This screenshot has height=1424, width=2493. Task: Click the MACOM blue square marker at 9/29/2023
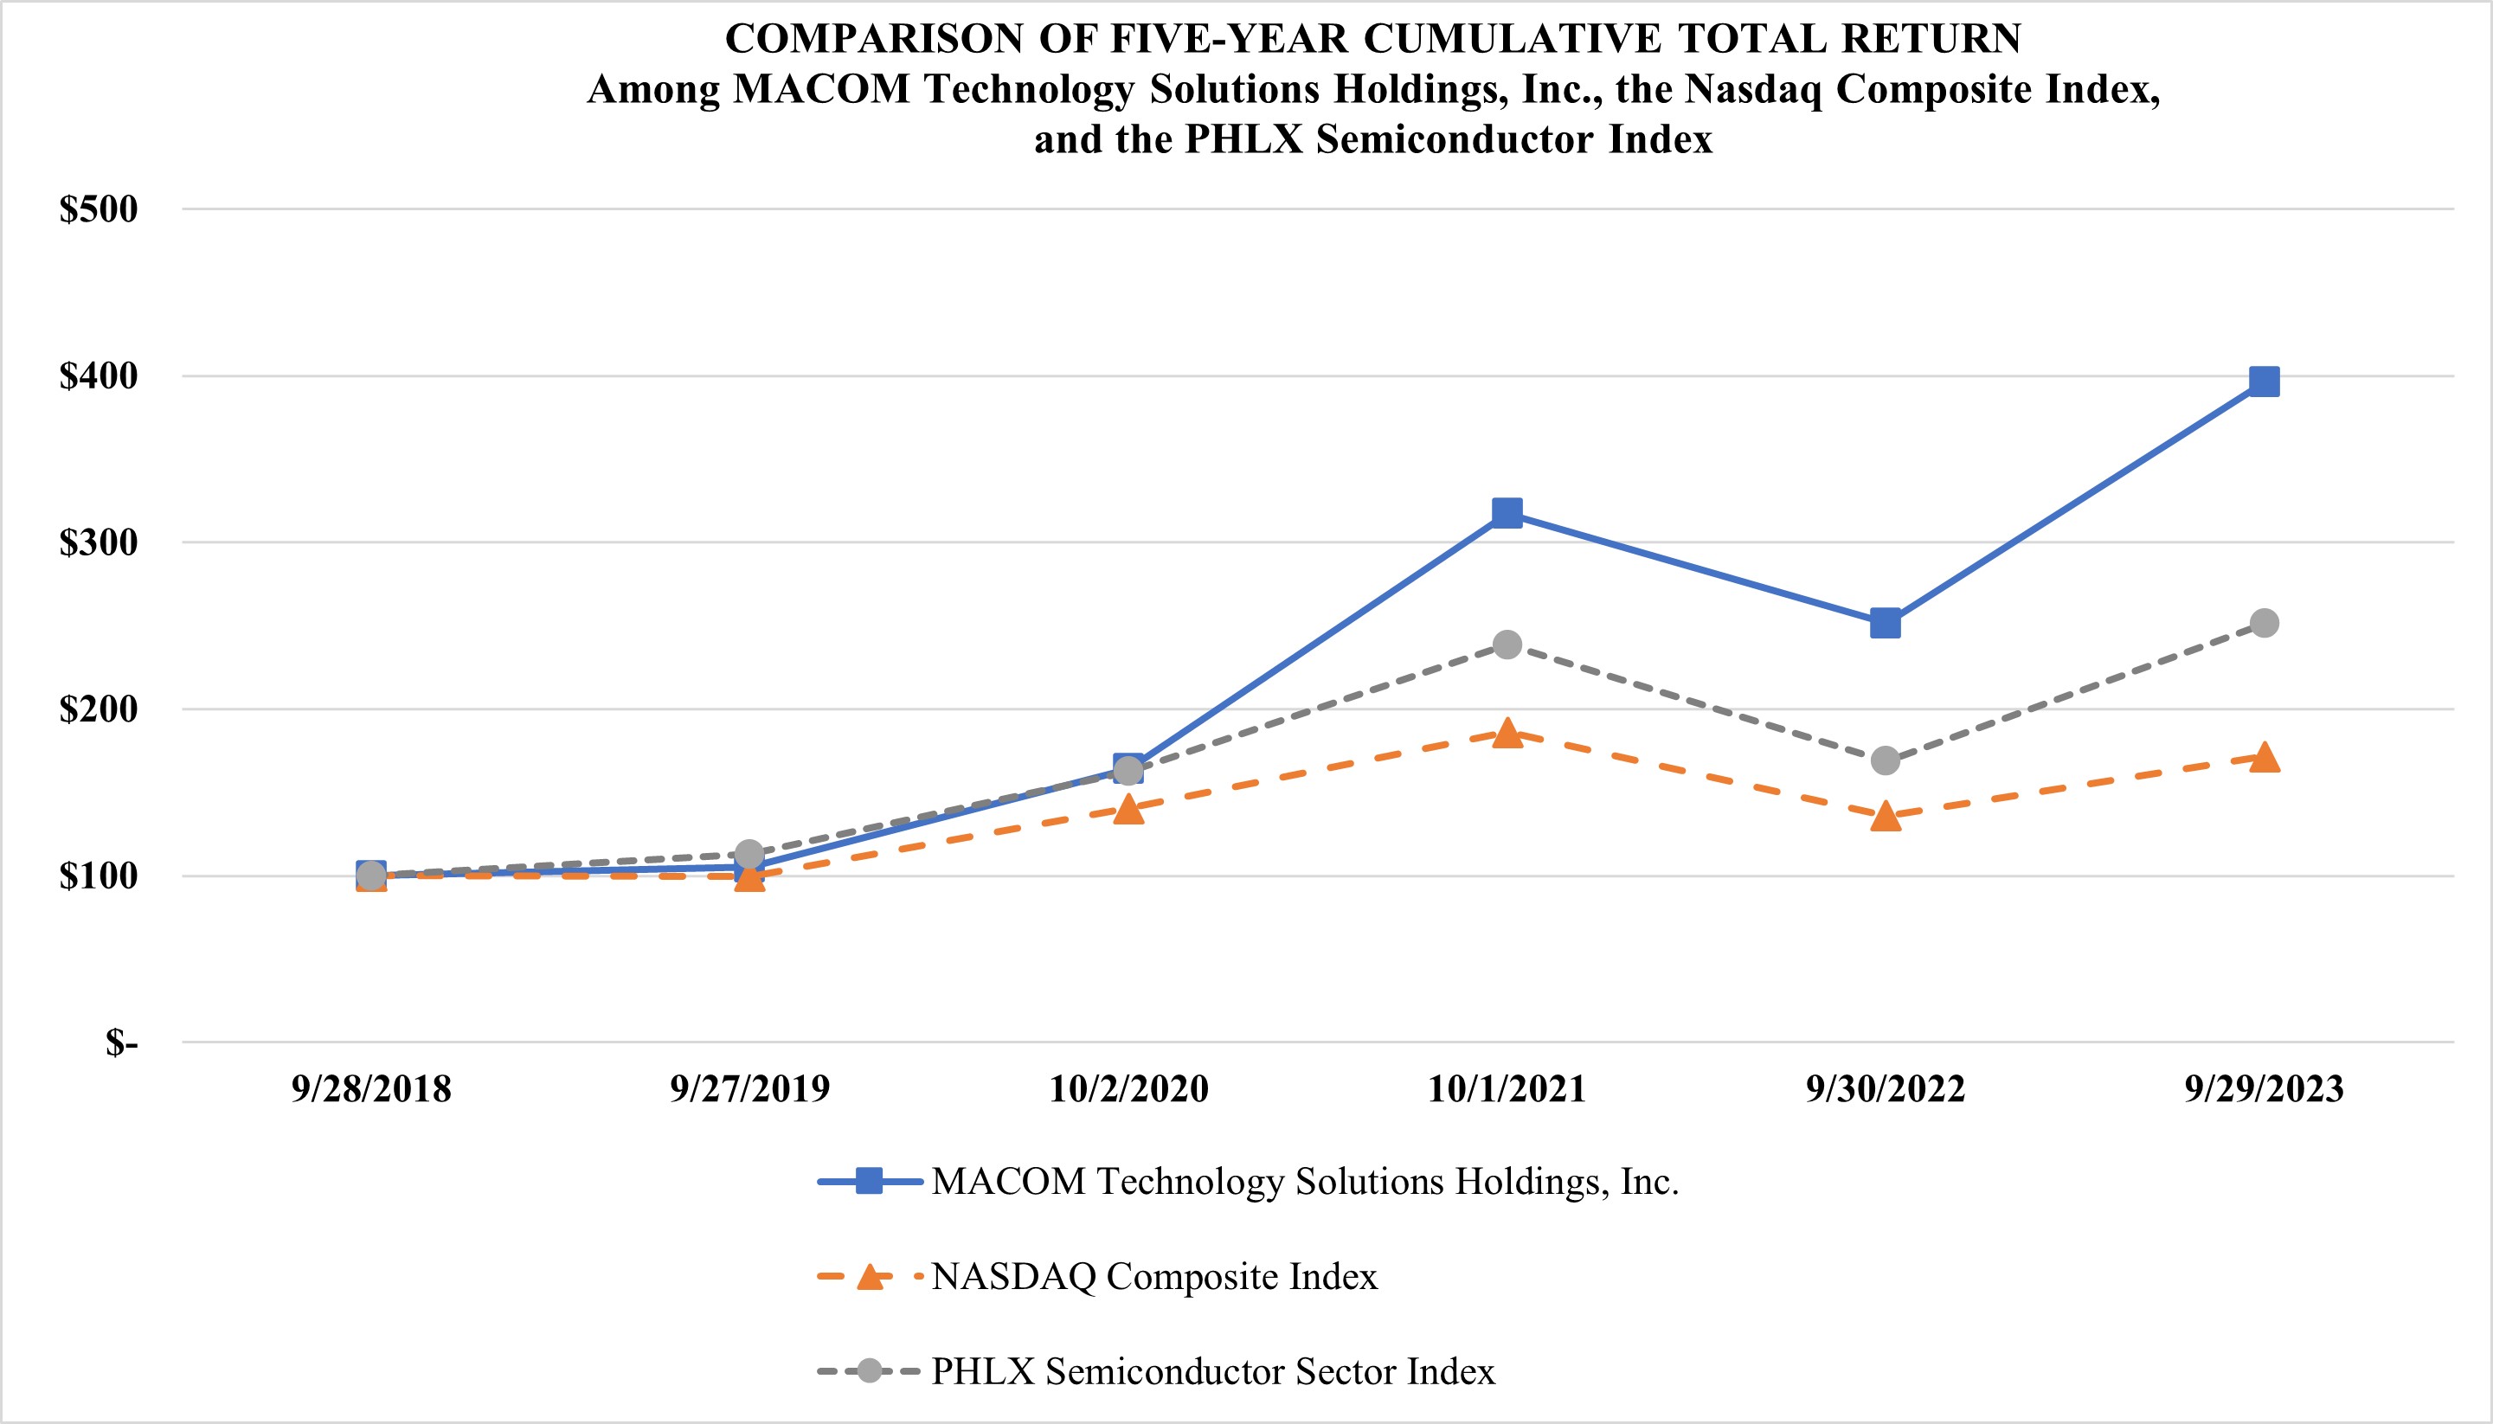click(x=2265, y=382)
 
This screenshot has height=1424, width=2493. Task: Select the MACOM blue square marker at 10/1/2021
click(x=1507, y=512)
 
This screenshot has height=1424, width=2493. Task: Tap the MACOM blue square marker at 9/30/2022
click(x=1886, y=623)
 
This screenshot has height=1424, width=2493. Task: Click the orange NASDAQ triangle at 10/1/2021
click(x=1507, y=734)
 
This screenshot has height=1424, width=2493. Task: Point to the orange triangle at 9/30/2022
click(x=1886, y=817)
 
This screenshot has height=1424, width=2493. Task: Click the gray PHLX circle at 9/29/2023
click(x=2265, y=623)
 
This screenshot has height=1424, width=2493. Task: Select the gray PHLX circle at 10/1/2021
click(x=1507, y=645)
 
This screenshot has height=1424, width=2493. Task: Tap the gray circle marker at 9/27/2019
click(x=749, y=854)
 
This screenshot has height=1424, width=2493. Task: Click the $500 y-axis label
click(x=99, y=209)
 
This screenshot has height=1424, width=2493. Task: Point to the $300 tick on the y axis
click(x=99, y=542)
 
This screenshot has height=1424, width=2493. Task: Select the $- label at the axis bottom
click(x=121, y=1042)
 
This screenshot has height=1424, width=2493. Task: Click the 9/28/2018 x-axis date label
click(x=370, y=1088)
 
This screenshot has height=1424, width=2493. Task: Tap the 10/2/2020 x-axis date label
click(x=1128, y=1088)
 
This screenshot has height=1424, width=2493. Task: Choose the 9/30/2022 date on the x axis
click(x=1886, y=1088)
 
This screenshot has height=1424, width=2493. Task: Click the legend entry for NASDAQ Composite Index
click(x=1154, y=1276)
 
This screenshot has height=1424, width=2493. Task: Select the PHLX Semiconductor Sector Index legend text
click(x=1213, y=1371)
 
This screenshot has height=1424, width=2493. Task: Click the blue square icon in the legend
click(x=869, y=1182)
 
